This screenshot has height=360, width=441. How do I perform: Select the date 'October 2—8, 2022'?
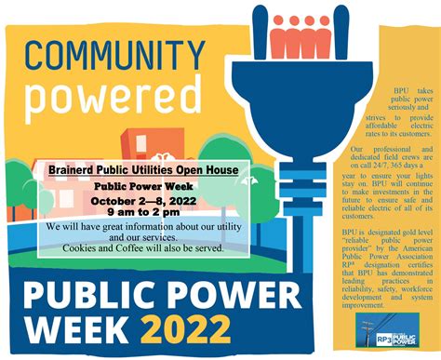143,198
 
